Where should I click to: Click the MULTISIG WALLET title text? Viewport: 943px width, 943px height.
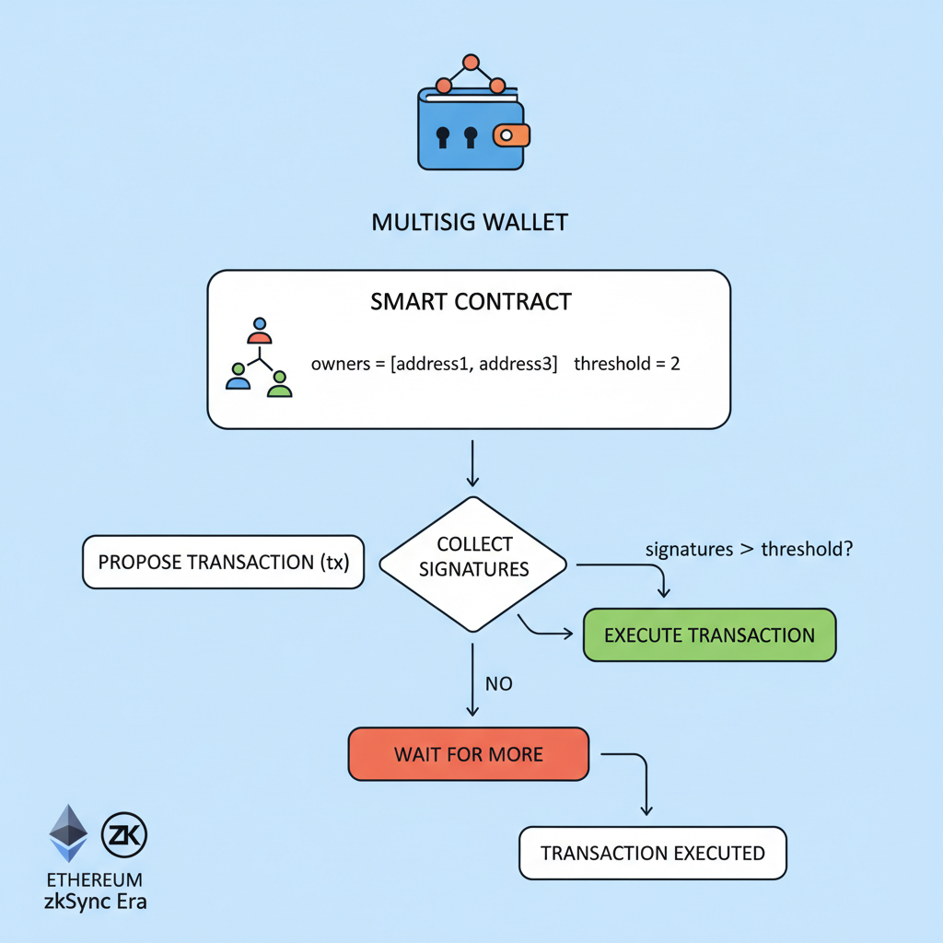coord(470,222)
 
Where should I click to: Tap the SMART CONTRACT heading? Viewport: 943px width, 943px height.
coord(471,301)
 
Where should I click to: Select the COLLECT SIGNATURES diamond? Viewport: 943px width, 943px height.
coord(473,558)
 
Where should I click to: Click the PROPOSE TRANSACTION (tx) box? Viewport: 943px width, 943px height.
coord(223,562)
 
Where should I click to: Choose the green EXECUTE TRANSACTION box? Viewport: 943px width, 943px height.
coord(709,635)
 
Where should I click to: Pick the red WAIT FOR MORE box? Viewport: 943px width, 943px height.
coord(468,754)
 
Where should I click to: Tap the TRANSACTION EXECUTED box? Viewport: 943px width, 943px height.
coord(653,853)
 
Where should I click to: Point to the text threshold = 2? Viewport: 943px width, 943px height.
coord(626,364)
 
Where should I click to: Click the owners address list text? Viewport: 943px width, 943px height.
coord(435,364)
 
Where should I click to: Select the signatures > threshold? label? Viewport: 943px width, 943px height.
coord(748,550)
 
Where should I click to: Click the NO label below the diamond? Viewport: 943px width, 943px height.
coord(498,684)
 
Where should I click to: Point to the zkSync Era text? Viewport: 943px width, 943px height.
coord(95,901)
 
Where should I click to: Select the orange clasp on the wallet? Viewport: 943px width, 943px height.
coord(511,135)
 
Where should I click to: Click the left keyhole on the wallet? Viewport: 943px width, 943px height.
coord(442,137)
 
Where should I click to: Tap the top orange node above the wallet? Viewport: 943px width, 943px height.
coord(471,63)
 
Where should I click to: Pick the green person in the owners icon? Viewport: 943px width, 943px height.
coord(279,384)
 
